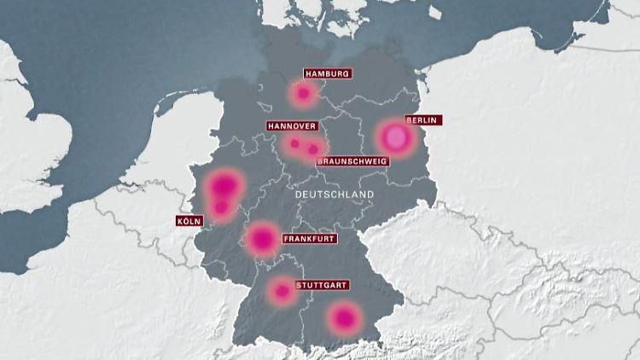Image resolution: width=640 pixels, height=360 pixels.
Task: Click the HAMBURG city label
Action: (x=327, y=74)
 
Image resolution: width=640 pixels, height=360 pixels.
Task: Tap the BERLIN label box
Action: (x=422, y=120)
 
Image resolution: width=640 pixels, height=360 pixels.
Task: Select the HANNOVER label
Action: (x=291, y=126)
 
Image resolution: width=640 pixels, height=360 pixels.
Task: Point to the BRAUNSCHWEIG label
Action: (x=352, y=161)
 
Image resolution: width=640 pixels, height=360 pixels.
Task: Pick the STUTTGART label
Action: (x=320, y=285)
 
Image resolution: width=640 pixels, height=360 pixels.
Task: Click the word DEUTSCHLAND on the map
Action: (x=334, y=195)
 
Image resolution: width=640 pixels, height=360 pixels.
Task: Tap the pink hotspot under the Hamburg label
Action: (x=302, y=93)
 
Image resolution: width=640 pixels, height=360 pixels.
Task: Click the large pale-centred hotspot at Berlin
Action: (x=393, y=136)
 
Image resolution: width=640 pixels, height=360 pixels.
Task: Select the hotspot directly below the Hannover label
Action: (x=294, y=143)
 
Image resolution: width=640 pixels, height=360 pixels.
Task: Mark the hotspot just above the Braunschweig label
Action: (x=313, y=149)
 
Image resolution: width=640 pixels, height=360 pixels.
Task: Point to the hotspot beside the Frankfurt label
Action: (x=262, y=239)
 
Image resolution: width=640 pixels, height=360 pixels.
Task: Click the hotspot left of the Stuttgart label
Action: (x=282, y=291)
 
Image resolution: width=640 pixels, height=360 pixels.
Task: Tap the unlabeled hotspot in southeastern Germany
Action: (x=344, y=319)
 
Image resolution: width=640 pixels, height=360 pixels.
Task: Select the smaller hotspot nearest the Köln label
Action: (x=221, y=206)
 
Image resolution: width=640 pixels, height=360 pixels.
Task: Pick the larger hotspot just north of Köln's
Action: (x=224, y=184)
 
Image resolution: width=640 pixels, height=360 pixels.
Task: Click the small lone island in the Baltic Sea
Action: (x=435, y=13)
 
